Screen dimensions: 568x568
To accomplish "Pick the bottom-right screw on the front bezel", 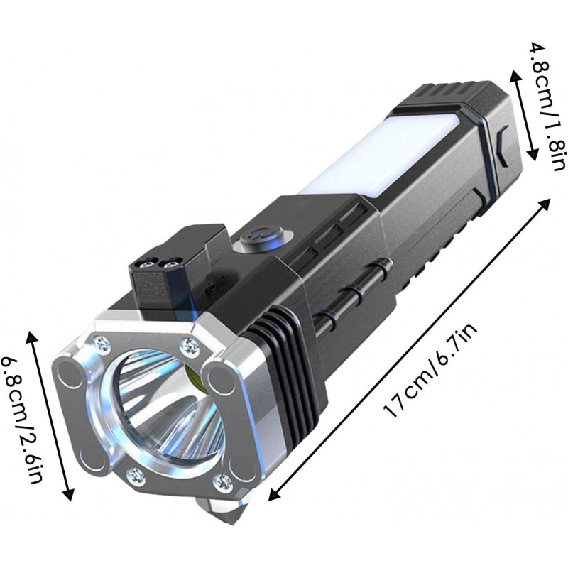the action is [x=222, y=481].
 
